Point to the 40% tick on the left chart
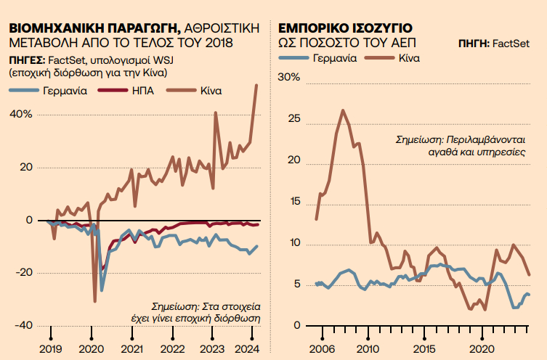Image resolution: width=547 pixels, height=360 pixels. point(20,114)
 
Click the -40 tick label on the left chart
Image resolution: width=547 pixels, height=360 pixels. point(21,324)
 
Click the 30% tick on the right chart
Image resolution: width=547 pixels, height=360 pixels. point(289,78)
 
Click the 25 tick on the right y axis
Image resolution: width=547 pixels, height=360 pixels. point(293,119)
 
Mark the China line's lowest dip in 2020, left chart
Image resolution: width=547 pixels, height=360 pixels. point(94,300)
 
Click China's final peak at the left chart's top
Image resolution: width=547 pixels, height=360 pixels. point(256,85)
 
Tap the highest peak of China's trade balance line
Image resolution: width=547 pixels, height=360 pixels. point(343,110)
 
